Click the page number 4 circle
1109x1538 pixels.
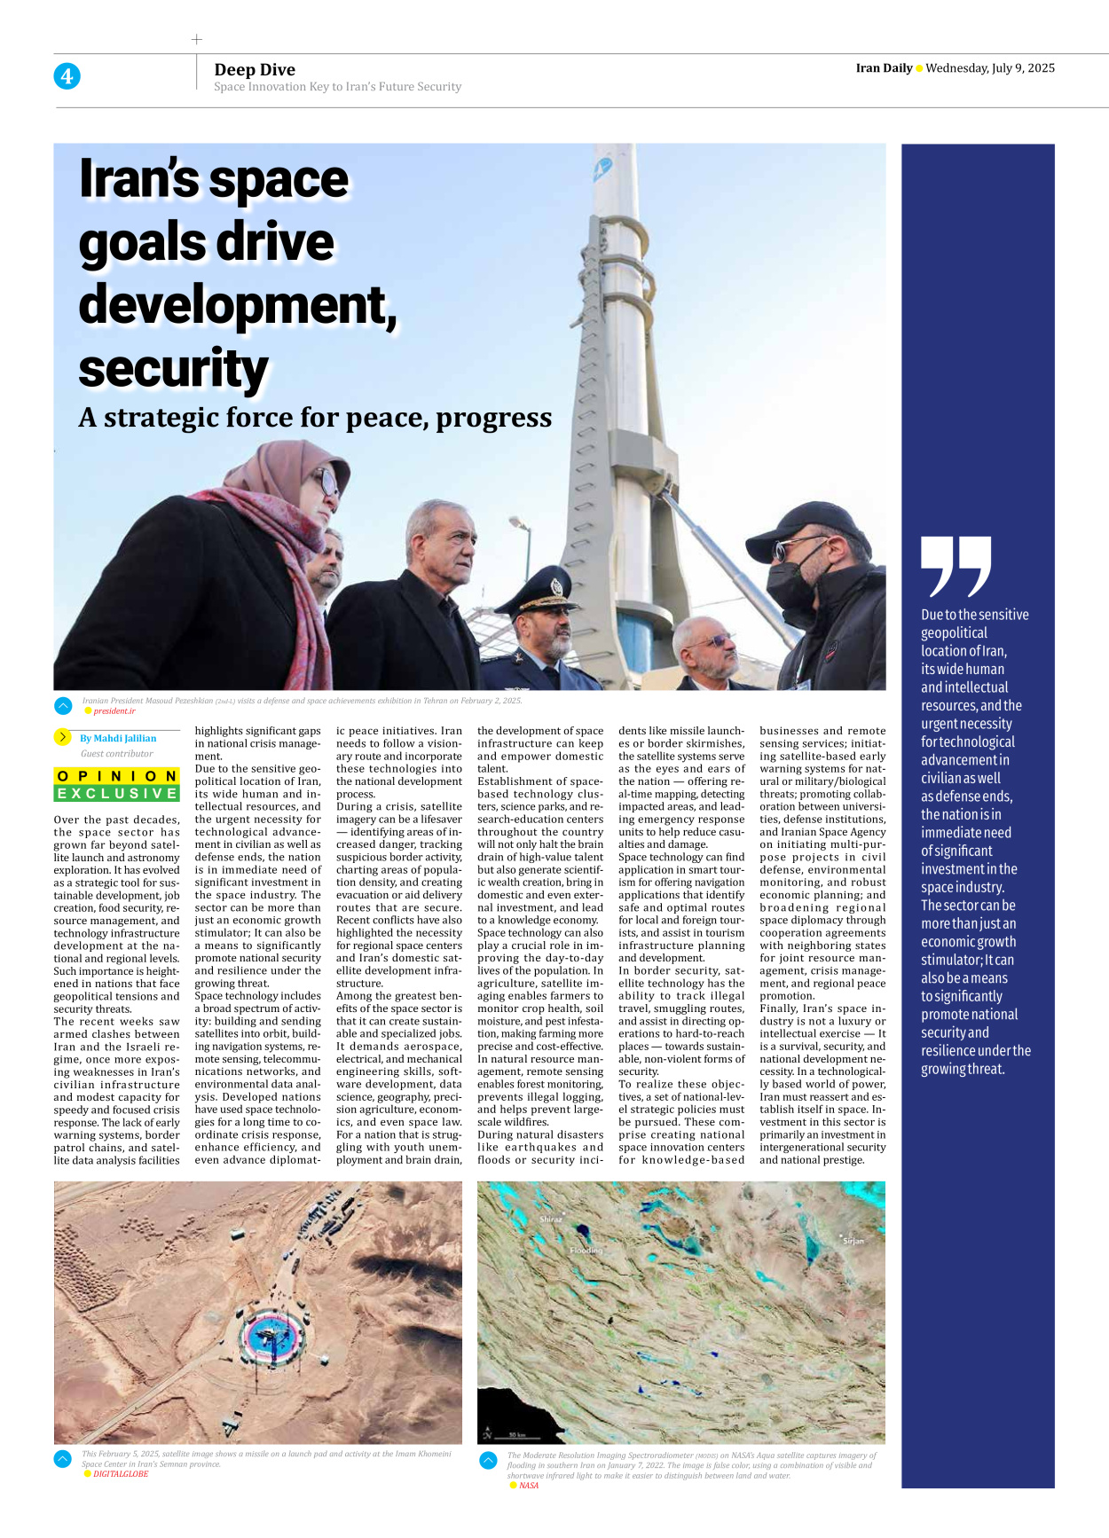[67, 76]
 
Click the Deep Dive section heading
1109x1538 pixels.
[255, 70]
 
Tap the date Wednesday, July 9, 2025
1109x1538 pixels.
[990, 68]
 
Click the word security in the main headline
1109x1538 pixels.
[173, 369]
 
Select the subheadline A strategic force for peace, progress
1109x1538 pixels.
[315, 418]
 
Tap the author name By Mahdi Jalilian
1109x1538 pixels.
[117, 738]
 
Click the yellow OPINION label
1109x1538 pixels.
[117, 776]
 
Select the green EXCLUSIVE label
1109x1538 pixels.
[117, 794]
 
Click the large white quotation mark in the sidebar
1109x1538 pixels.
[956, 567]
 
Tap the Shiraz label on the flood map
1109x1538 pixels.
[550, 1220]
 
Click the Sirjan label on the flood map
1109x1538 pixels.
[853, 1241]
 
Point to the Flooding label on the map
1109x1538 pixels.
[586, 1251]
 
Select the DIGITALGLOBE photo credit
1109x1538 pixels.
[121, 1474]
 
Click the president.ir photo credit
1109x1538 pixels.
[114, 711]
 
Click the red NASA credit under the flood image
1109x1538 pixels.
[529, 1486]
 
